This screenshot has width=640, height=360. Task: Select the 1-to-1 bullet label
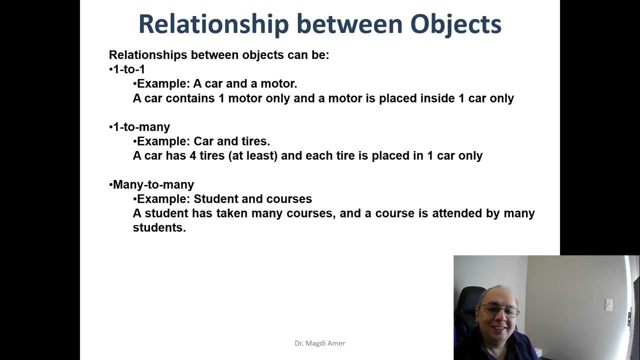click(129, 69)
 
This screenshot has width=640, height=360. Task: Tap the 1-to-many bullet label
click(141, 127)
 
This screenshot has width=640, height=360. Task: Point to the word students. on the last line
click(159, 227)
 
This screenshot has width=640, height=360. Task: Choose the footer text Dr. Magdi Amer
click(319, 343)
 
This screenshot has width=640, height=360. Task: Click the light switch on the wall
click(608, 304)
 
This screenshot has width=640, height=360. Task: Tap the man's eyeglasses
click(498, 310)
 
